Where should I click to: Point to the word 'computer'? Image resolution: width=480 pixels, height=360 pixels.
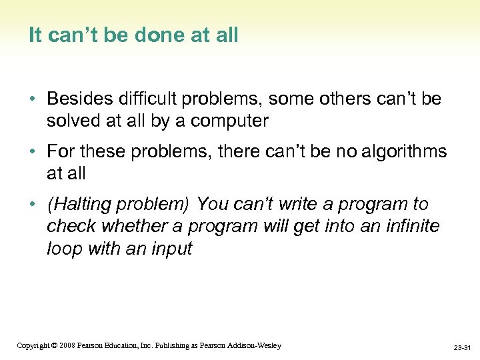click(x=227, y=121)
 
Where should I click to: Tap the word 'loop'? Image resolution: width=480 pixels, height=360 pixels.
click(x=62, y=249)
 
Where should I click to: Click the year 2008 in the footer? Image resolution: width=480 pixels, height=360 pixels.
click(x=66, y=345)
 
